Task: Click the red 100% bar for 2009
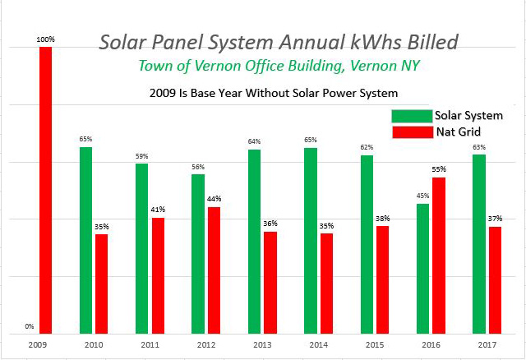[45, 189]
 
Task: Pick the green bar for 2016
[422, 268]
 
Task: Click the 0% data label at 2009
[30, 326]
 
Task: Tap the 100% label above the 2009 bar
[45, 39]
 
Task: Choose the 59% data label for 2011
[141, 156]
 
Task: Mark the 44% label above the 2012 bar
[214, 199]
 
